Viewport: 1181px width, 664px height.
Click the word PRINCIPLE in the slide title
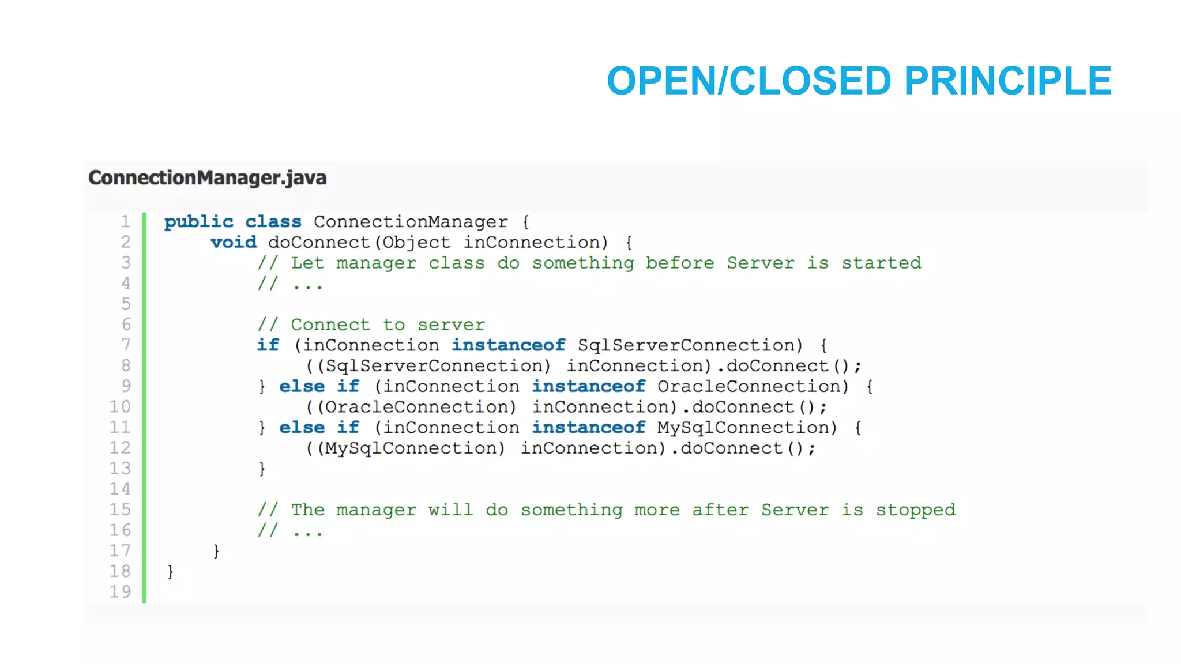pyautogui.click(x=1007, y=81)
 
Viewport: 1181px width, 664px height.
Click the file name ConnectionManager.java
pyautogui.click(x=208, y=178)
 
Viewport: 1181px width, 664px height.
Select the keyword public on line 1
pyautogui.click(x=198, y=222)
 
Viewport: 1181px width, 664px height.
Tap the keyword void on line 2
pyautogui.click(x=234, y=242)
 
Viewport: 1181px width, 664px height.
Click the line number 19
pyautogui.click(x=120, y=591)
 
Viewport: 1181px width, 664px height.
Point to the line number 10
pyautogui.click(x=120, y=407)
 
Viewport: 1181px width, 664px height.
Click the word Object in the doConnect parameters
pyautogui.click(x=416, y=243)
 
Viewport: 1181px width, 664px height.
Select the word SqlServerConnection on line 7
pyautogui.click(x=690, y=345)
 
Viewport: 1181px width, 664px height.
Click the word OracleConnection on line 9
pyautogui.click(x=753, y=386)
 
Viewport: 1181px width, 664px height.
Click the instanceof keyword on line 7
pyautogui.click(x=508, y=345)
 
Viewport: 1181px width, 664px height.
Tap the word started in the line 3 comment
pyautogui.click(x=881, y=263)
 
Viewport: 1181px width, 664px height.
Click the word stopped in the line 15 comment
pyautogui.click(x=915, y=510)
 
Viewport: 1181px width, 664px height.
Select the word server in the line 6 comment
pyautogui.click(x=451, y=325)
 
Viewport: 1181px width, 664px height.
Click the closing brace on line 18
pyautogui.click(x=170, y=571)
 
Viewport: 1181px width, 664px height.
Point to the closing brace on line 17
pyautogui.click(x=216, y=551)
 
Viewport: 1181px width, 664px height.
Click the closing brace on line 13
pyautogui.click(x=262, y=469)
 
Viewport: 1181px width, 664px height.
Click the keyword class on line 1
pyautogui.click(x=273, y=222)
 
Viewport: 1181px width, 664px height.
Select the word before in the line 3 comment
pyautogui.click(x=680, y=263)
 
